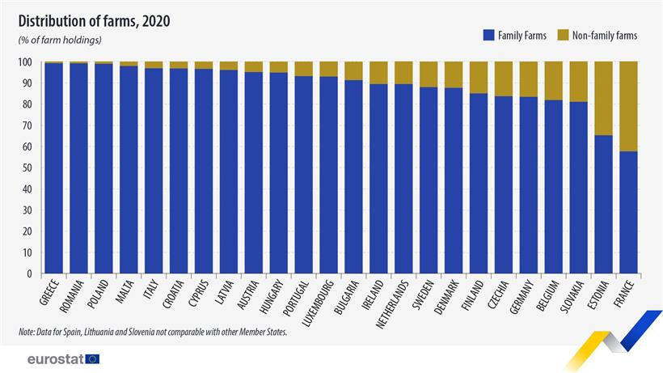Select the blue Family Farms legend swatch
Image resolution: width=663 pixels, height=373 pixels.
[x=488, y=35]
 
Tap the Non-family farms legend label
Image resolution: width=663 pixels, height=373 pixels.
[x=605, y=35]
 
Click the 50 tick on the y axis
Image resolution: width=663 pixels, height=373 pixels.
[x=27, y=168]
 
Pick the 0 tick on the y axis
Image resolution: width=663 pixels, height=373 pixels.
[x=30, y=274]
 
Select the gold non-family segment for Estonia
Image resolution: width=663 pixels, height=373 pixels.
[x=602, y=98]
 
